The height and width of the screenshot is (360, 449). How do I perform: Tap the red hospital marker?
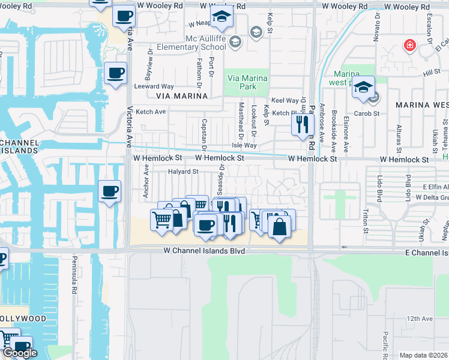pyautogui.click(x=410, y=45)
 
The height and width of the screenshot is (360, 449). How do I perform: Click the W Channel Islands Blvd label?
pyautogui.click(x=205, y=251)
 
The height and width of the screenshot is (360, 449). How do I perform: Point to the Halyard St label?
pyautogui.click(x=182, y=172)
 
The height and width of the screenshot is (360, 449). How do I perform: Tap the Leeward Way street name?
pyautogui.click(x=154, y=86)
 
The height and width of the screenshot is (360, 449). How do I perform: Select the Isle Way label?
pyautogui.click(x=244, y=145)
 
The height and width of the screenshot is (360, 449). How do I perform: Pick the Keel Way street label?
pyautogui.click(x=285, y=101)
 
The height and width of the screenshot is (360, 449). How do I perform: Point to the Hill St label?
pyautogui.click(x=431, y=73)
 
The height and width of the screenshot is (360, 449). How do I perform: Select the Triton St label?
pyautogui.click(x=365, y=221)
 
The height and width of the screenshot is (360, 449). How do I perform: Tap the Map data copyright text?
pyautogui.click(x=423, y=355)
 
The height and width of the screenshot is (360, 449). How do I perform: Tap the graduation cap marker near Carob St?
pyautogui.click(x=363, y=88)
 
